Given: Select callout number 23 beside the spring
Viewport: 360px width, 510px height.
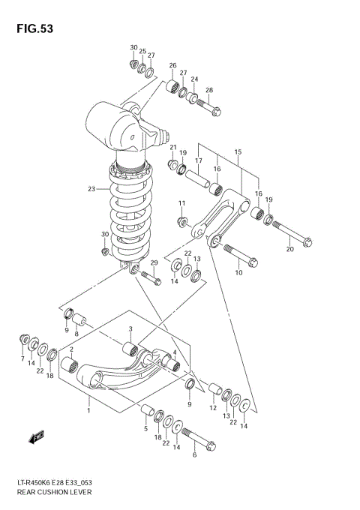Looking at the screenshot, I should (91, 189).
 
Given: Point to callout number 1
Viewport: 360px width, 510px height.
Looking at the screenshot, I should (88, 410).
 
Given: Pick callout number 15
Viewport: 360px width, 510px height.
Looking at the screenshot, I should (238, 152).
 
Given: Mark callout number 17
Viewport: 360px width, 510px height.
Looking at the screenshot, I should (199, 160).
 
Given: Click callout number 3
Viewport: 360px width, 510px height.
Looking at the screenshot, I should (130, 329).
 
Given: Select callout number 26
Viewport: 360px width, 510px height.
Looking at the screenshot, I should (172, 66).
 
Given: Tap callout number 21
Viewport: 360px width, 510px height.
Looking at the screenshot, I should (172, 147).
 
